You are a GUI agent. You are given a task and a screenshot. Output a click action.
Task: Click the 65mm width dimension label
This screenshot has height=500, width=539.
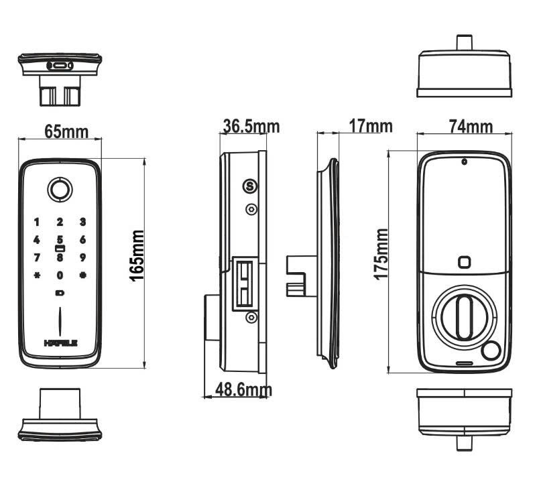click(x=66, y=131)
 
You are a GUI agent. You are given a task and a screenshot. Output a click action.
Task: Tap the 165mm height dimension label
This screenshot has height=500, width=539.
click(x=137, y=255)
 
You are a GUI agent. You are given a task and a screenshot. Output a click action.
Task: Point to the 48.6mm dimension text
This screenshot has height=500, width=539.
click(x=243, y=389)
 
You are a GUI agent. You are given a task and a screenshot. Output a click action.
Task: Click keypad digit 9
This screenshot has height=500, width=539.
click(x=82, y=257)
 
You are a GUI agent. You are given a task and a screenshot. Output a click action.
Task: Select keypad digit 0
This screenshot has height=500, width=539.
click(x=60, y=275)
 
